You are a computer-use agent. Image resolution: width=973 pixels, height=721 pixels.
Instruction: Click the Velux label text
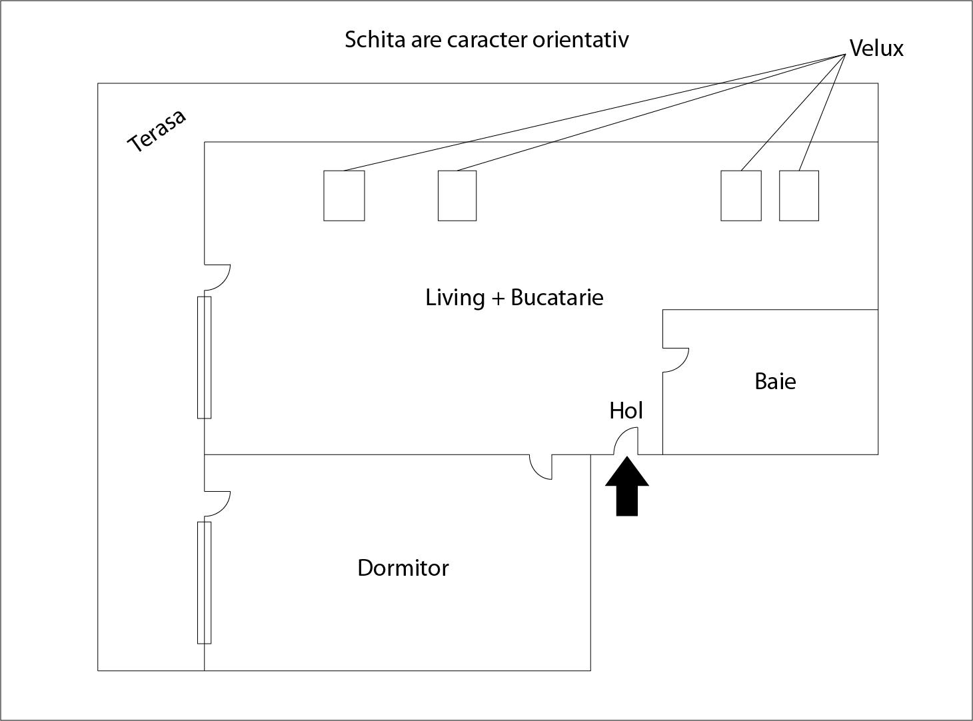click(x=876, y=48)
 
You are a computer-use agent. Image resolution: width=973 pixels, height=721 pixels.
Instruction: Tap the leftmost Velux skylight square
click(x=344, y=196)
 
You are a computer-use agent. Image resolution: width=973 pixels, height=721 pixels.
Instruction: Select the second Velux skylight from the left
click(x=457, y=196)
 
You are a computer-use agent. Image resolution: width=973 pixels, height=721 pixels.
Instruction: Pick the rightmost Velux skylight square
click(x=799, y=196)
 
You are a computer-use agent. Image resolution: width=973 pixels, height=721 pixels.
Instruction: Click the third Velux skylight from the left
click(x=741, y=196)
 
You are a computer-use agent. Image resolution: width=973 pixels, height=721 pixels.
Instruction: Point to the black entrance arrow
click(x=627, y=486)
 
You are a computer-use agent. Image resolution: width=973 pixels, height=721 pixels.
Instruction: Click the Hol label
click(x=626, y=410)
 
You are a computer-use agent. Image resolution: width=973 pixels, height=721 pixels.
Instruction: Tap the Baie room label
click(x=775, y=381)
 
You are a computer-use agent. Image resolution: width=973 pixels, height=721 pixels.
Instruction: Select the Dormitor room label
click(x=403, y=568)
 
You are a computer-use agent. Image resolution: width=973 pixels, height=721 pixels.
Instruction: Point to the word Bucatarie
click(x=557, y=297)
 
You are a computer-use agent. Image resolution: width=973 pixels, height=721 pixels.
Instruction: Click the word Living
click(x=455, y=297)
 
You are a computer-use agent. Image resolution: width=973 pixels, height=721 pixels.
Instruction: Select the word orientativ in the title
click(x=580, y=39)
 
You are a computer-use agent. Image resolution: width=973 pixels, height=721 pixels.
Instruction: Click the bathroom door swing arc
click(x=676, y=360)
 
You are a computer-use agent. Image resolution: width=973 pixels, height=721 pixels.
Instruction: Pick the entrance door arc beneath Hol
click(x=626, y=441)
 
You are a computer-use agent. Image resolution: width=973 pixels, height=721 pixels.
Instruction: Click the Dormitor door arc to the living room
click(x=541, y=467)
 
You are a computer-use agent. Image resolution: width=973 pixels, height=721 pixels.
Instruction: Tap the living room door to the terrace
click(x=217, y=277)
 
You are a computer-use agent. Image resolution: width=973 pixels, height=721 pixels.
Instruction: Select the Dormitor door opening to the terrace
click(x=217, y=503)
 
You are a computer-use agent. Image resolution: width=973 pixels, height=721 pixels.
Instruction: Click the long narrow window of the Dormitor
click(x=204, y=583)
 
